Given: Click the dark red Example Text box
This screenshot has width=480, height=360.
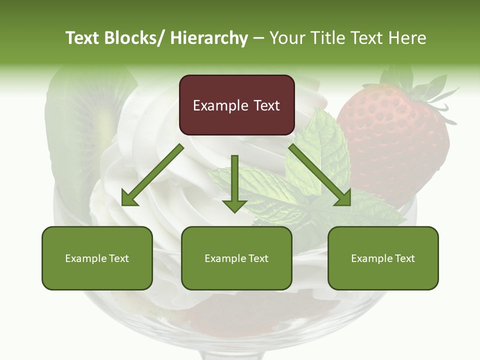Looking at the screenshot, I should coord(236,105).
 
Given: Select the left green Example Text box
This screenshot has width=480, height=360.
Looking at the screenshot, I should coord(97,258).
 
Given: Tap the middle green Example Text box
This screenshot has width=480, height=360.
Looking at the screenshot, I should coord(236,258).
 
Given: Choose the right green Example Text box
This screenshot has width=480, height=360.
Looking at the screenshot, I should coord(383,258).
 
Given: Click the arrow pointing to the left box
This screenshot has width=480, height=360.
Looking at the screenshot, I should coord(152,175).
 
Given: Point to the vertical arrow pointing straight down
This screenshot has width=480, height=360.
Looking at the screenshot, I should coord(234,182).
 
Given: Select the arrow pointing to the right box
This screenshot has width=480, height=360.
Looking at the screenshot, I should coord(320,175).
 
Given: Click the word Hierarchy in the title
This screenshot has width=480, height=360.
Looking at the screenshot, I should coord(209,38).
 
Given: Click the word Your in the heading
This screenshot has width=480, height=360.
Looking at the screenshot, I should coord(287,38).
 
